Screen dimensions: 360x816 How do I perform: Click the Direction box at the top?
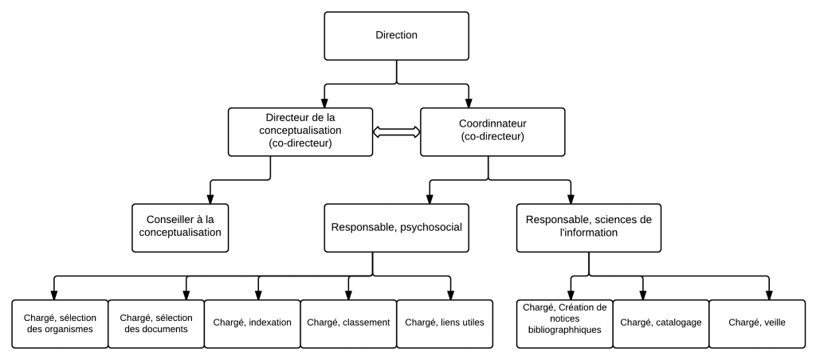pos(396,36)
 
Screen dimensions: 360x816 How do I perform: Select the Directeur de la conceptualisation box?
pos(301,132)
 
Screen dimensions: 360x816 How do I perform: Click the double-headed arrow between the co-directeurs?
pos(396,133)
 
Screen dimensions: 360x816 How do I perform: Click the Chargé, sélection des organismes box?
pos(60,323)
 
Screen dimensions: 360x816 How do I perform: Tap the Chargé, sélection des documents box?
pos(155,323)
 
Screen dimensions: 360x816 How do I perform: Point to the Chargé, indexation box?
pos(251,323)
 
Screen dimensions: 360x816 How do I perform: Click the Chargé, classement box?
pos(347,323)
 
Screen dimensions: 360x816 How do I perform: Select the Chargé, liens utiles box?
pos(444,323)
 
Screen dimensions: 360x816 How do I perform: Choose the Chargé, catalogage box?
pos(660,323)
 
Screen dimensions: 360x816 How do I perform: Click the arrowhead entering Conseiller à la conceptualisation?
pos(210,198)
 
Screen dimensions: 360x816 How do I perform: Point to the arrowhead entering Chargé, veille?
pos(769,294)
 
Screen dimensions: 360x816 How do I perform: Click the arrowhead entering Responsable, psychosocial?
pos(430,198)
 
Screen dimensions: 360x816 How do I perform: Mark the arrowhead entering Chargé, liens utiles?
pos(450,294)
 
